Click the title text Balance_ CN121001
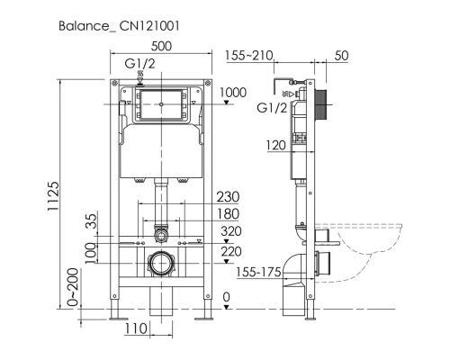(119, 26)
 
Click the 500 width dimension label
(161, 46)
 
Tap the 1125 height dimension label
(53, 196)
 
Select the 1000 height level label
(233, 93)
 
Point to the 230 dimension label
(228, 197)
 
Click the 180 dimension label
(228, 214)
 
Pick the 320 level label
(231, 231)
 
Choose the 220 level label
(231, 251)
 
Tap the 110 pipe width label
(136, 328)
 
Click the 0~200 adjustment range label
(73, 287)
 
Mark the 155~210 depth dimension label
(249, 56)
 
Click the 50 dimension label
(341, 56)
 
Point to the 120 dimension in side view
(276, 146)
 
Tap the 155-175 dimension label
(258, 272)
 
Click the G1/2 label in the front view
(140, 64)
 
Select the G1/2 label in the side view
(272, 108)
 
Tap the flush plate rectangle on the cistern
(161, 104)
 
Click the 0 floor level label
(227, 297)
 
